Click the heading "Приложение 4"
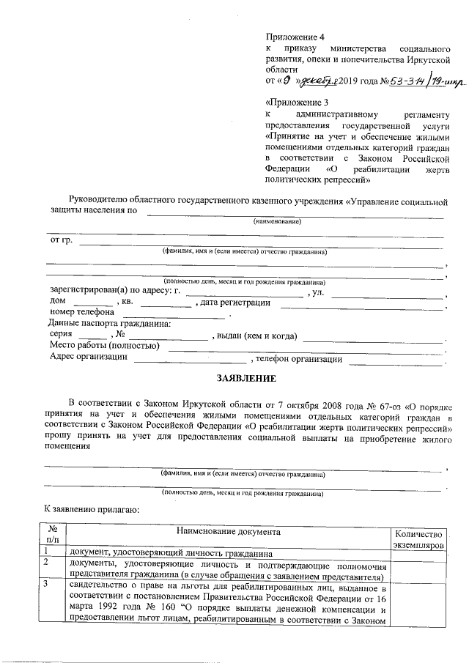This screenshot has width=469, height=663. click(x=294, y=35)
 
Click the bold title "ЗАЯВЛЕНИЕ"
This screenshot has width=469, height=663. click(x=245, y=379)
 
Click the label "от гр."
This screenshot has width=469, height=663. click(x=60, y=240)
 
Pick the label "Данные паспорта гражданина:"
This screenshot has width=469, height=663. click(x=109, y=324)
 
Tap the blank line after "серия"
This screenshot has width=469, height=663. click(x=97, y=338)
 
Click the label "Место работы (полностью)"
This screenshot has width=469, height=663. click(x=104, y=346)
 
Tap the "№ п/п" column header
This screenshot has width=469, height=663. click(x=53, y=533)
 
